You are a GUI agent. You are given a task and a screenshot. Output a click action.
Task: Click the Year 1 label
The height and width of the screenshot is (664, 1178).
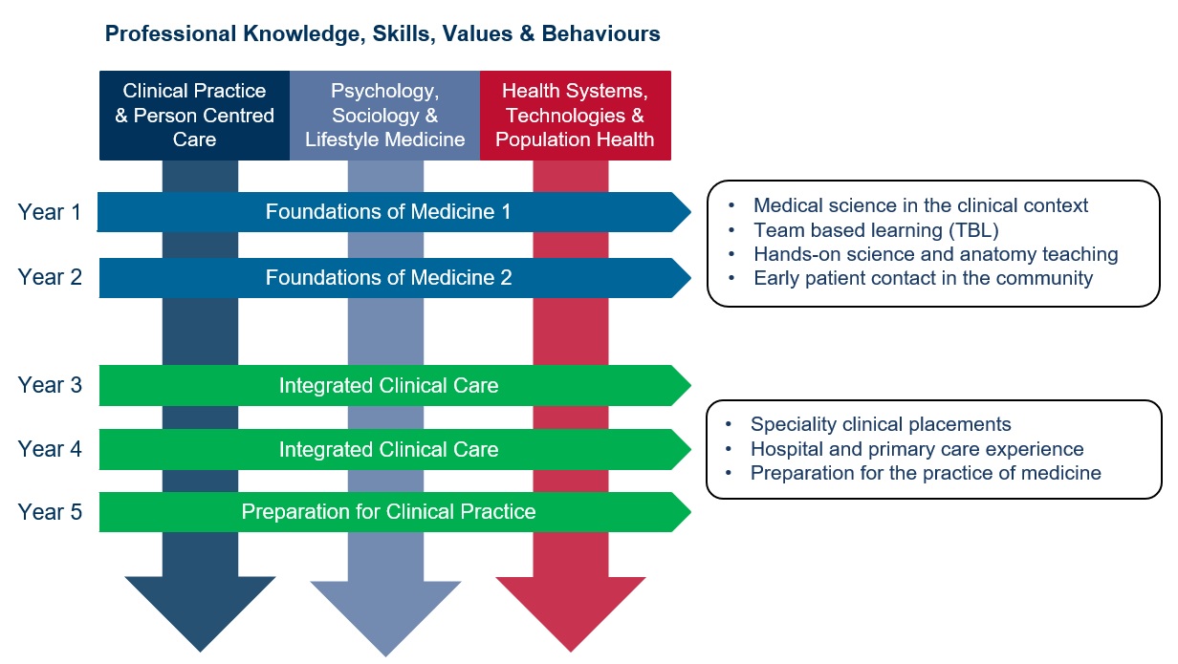pos(50,212)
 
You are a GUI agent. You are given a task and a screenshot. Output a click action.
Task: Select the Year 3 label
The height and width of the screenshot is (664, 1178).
pos(50,385)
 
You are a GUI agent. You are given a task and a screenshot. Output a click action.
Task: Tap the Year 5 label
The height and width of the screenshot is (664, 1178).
pos(50,512)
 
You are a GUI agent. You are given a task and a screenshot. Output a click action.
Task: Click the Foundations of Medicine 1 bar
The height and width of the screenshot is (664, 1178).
pos(388,212)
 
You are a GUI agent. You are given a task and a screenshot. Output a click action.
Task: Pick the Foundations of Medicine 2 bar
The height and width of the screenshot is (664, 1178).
pos(388,278)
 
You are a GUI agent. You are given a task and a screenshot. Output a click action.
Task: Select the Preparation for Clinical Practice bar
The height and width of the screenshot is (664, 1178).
pos(388,512)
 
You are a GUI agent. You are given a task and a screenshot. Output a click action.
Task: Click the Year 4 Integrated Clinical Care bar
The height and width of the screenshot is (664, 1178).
pos(388,449)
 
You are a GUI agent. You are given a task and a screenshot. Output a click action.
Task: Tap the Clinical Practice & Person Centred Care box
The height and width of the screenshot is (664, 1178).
pos(194,116)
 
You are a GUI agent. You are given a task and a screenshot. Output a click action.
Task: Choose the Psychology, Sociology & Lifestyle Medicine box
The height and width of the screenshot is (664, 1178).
pos(384,116)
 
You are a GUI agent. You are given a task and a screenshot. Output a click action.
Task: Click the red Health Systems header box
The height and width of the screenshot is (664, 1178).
pos(576,116)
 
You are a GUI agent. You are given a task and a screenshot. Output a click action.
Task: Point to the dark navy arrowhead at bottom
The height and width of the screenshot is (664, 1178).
pos(200,611)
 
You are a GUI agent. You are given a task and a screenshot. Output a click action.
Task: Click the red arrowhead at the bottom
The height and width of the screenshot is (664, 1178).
pos(571,611)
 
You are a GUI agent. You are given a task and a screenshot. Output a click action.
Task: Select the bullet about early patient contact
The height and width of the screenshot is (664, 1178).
pos(922,279)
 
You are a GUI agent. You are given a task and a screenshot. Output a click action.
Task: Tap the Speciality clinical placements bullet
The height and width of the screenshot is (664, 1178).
pos(880,424)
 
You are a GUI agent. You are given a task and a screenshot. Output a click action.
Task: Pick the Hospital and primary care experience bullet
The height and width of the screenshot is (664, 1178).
pos(916,449)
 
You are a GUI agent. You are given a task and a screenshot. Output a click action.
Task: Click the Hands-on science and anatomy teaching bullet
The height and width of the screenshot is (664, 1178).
pos(935,254)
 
